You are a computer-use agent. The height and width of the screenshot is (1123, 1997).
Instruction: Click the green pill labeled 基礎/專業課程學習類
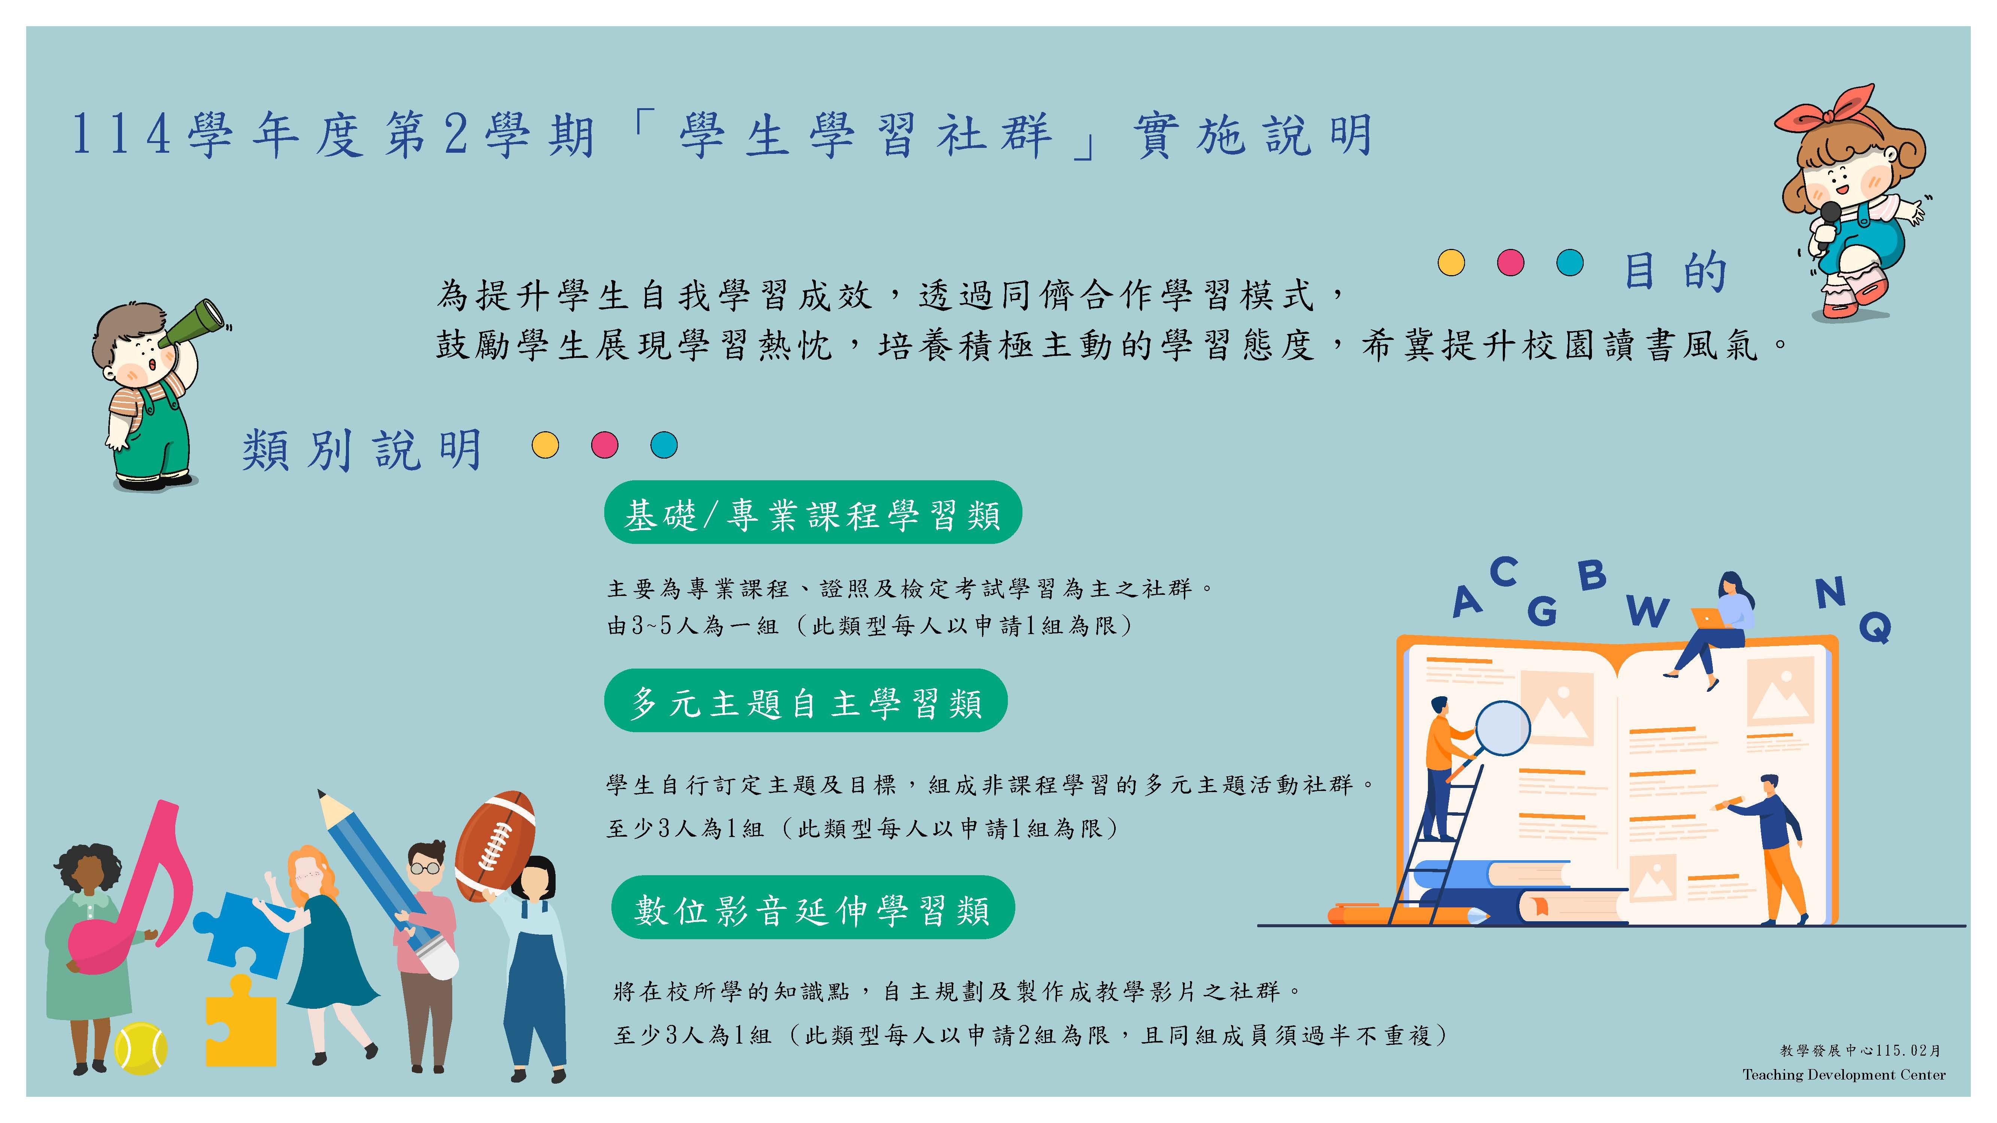[x=812, y=513]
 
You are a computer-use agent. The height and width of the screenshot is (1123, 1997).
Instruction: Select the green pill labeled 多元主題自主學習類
[x=805, y=702]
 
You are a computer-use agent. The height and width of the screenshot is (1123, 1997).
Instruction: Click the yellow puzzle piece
[x=240, y=1022]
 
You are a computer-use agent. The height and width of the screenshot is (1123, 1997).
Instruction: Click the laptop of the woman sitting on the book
[x=1708, y=618]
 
